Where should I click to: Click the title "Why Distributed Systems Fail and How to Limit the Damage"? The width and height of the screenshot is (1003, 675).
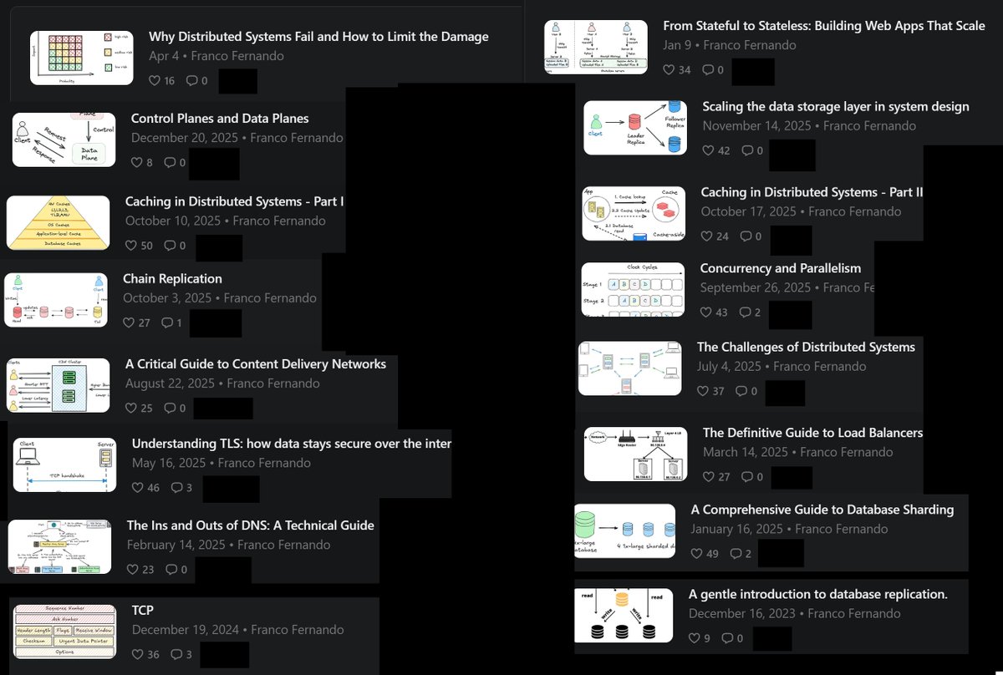coord(318,37)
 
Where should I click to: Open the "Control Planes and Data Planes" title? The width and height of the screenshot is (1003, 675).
coord(220,119)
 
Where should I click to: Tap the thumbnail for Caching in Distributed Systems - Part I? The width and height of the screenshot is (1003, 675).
coord(59,223)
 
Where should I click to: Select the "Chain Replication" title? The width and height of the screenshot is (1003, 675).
coord(172,278)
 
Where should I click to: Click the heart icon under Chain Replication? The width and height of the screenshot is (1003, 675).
coord(129,322)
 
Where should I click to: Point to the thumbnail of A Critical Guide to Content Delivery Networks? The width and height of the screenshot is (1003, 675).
coord(59,385)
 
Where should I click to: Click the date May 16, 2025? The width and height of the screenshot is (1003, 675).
coord(168,463)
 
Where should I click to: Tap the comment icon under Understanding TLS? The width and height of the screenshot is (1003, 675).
coord(176,488)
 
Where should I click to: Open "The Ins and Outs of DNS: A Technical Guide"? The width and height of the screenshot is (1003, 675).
coord(250,525)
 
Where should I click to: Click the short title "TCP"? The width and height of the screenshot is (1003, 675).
coord(143,610)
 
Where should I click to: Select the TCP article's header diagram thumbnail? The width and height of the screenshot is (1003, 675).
coord(65,631)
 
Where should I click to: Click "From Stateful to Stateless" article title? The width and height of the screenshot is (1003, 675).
coord(824,26)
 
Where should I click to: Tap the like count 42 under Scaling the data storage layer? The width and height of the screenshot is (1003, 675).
coord(723,151)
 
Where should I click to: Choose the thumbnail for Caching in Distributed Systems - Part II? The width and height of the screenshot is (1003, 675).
coord(634,214)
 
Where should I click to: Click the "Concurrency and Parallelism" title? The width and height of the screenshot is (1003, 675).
coord(780,268)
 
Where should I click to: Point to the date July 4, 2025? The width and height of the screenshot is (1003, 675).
coord(729,366)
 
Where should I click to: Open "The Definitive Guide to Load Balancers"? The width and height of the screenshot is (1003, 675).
coord(812,433)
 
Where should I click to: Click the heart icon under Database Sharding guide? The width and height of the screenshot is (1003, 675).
coord(696,554)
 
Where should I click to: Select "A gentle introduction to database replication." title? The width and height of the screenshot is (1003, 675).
coord(817,594)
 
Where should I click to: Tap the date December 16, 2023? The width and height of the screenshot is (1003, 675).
coord(741,613)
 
